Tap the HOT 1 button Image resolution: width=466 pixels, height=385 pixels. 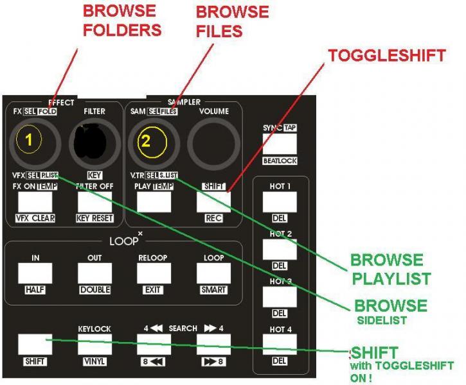[280, 201]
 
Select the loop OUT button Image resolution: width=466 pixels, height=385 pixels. [94, 273]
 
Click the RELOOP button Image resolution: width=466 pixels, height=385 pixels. [154, 273]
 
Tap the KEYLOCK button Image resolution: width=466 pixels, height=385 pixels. [94, 345]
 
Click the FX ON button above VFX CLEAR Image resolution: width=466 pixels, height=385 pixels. [35, 201]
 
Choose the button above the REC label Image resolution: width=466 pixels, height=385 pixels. [213, 201]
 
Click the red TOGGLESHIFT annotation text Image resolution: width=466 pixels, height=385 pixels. [386, 56]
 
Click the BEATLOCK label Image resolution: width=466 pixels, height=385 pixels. [280, 161]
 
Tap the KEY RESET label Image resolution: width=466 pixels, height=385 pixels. [94, 218]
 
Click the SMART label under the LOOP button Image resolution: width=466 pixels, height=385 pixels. [213, 290]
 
